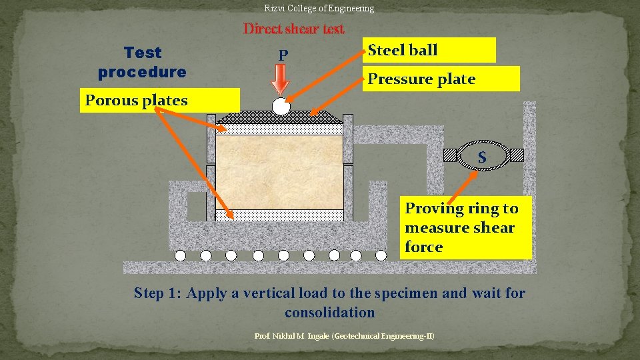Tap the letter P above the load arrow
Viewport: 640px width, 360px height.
click(283, 55)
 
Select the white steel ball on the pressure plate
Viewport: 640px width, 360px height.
click(281, 107)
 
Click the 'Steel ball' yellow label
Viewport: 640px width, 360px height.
click(430, 50)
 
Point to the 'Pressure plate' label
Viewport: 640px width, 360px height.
click(440, 79)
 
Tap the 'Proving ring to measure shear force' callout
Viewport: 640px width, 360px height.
click(467, 227)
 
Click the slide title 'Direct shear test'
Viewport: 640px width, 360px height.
click(294, 29)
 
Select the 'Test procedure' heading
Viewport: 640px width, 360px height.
click(142, 62)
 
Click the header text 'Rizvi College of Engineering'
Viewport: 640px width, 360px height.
click(319, 9)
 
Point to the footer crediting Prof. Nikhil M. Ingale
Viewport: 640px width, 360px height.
click(345, 335)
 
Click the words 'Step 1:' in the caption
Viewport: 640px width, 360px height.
click(158, 293)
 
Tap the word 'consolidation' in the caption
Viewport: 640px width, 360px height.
click(330, 312)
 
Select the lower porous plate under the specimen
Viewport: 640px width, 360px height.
click(280, 215)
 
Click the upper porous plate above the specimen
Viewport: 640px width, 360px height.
click(280, 129)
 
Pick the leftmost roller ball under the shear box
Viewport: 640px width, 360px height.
click(180, 255)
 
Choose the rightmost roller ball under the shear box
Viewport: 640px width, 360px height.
click(381, 255)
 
